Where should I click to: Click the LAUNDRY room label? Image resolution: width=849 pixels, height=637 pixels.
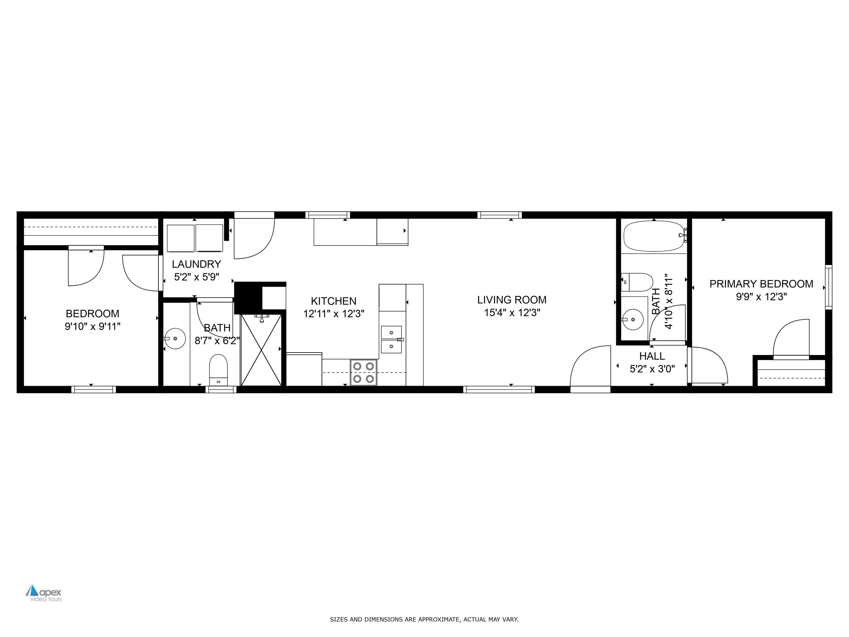tap(196, 264)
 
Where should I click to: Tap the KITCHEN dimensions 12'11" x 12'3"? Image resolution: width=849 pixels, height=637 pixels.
tap(334, 314)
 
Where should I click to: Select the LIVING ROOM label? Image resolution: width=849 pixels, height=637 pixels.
tap(512, 300)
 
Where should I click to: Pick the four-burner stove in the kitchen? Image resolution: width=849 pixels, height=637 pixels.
tap(363, 373)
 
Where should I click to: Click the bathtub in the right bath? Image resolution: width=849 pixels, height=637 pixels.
tap(654, 235)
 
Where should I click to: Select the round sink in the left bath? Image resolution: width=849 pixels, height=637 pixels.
tap(175, 338)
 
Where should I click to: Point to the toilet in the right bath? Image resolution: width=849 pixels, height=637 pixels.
tap(637, 282)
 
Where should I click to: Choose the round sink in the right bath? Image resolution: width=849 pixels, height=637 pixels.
tap(633, 319)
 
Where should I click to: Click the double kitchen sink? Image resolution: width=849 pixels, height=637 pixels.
tap(391, 339)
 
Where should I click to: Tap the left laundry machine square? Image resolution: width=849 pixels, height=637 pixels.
tap(180, 238)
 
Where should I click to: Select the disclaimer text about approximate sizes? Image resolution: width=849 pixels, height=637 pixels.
tap(424, 619)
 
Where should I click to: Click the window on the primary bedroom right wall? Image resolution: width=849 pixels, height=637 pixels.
tap(828, 287)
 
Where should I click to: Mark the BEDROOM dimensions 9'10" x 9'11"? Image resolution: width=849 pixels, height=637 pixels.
tap(93, 326)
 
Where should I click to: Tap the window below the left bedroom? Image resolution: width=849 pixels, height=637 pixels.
tap(94, 389)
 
